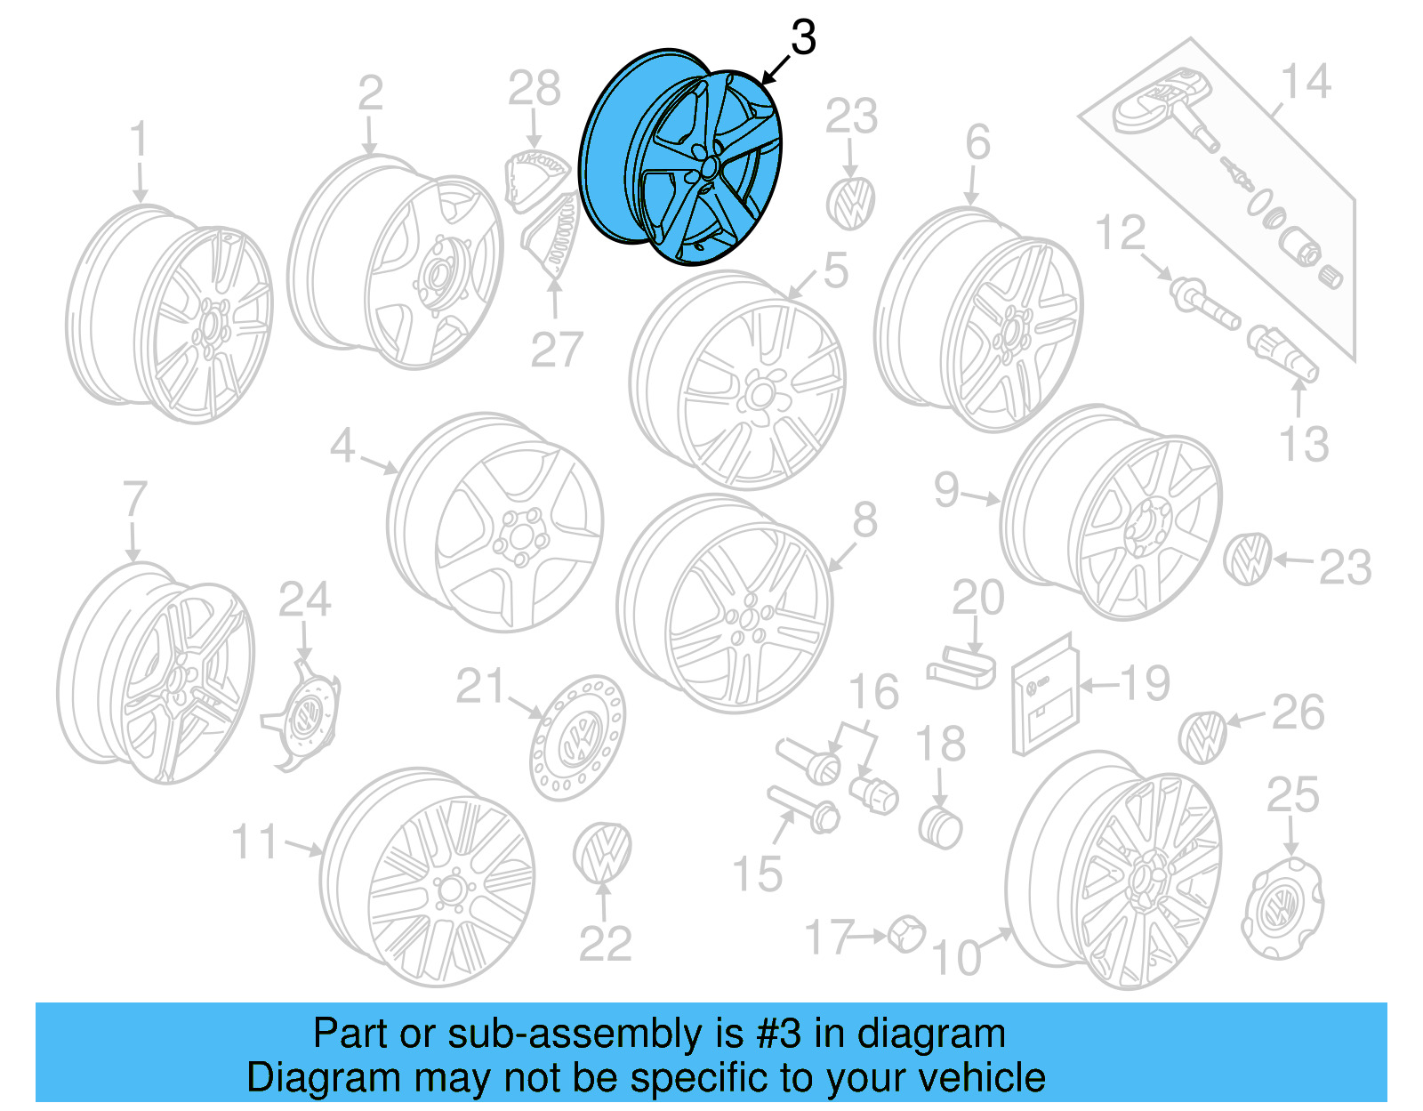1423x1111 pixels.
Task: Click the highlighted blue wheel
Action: pyautogui.click(x=682, y=157)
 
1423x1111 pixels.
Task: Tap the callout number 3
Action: pyautogui.click(x=802, y=38)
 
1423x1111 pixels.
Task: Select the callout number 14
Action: pyautogui.click(x=1305, y=82)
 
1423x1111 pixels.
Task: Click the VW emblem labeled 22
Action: pyautogui.click(x=602, y=852)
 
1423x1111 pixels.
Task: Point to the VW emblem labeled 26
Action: pyautogui.click(x=1202, y=737)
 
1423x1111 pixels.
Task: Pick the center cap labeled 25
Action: pyautogui.click(x=1282, y=907)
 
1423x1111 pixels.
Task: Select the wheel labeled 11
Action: pyautogui.click(x=428, y=876)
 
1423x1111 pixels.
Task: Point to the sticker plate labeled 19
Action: pyautogui.click(x=1045, y=694)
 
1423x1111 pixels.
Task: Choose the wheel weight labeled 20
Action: pyautogui.click(x=961, y=668)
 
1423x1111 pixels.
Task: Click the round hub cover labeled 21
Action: pyautogui.click(x=577, y=737)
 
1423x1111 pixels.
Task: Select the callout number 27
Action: pyautogui.click(x=556, y=350)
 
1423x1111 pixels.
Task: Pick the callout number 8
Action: pyautogui.click(x=864, y=520)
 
